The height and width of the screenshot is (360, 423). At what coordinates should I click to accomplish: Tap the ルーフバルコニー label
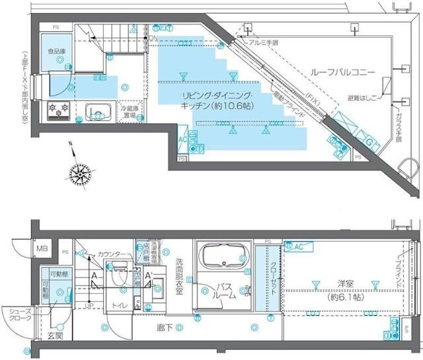pyautogui.click(x=342, y=71)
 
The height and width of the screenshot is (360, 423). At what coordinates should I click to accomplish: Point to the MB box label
pyautogui.click(x=42, y=249)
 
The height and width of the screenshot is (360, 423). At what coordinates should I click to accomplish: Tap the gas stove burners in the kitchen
pyautogui.click(x=57, y=109)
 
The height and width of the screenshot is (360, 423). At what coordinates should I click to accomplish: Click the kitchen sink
pyautogui.click(x=97, y=114)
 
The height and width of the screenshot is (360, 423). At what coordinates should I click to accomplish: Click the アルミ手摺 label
pyautogui.click(x=264, y=41)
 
